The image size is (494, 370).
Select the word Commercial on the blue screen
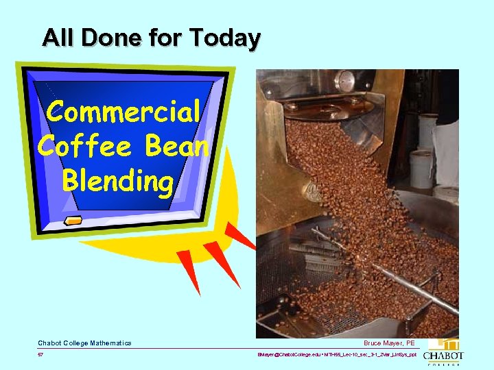tap(124, 112)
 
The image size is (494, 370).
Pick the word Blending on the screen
tap(117, 181)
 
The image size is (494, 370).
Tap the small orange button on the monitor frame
tap(73, 220)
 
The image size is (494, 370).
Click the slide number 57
tap(41, 355)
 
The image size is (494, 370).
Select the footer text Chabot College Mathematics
tap(84, 343)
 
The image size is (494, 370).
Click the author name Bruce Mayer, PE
tap(389, 343)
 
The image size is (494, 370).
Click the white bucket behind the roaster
tap(423, 168)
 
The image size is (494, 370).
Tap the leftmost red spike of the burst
tap(187, 271)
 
